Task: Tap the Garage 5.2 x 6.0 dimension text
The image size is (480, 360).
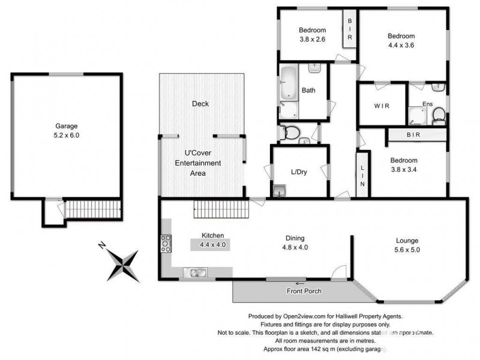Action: click(x=67, y=136)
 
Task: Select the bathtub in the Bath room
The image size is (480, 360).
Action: click(x=288, y=85)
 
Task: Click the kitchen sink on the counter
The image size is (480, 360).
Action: click(x=195, y=274)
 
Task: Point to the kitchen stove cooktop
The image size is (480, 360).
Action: click(x=166, y=244)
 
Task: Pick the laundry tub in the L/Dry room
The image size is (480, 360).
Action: click(x=280, y=191)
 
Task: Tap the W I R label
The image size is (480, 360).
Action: click(x=382, y=106)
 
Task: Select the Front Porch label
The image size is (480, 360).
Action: click(x=304, y=292)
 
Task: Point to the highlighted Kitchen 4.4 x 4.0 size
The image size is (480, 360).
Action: click(x=210, y=245)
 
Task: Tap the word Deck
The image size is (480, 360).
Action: click(x=200, y=104)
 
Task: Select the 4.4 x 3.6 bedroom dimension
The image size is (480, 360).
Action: click(x=401, y=44)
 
